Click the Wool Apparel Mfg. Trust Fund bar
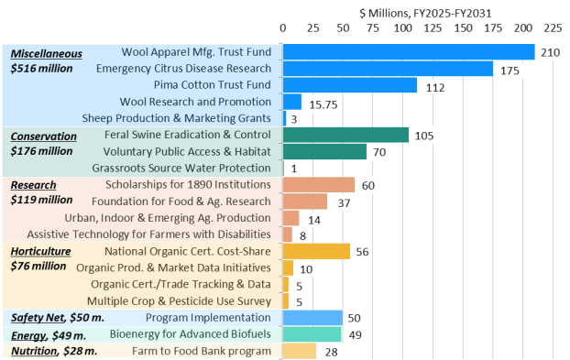409,52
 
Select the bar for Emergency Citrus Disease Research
389,69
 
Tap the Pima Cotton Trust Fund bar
350,85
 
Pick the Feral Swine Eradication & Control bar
346,135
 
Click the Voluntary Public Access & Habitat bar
325,151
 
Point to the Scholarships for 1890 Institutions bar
319,185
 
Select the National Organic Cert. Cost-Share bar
317,251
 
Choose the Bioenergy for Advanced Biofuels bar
312,334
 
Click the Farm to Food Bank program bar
300,351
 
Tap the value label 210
550,52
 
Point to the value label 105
424,135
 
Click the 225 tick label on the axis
553,27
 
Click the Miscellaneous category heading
46,53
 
